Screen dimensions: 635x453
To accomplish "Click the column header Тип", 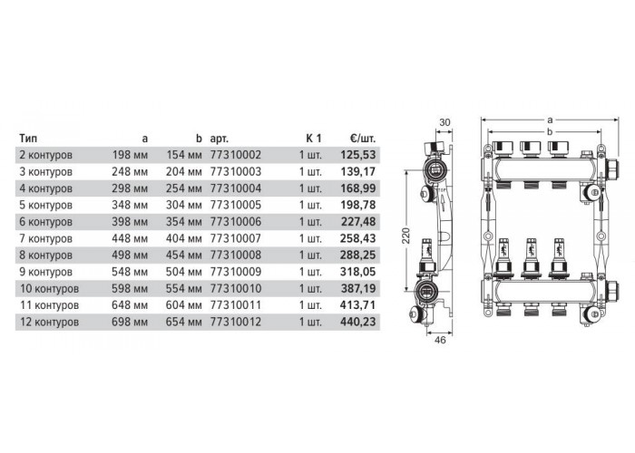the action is (28, 139).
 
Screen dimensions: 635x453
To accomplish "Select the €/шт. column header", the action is (363, 139).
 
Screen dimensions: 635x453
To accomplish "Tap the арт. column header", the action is (220, 139).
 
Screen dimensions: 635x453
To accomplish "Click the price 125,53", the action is (358, 155).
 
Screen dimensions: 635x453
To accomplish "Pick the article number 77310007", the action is (236, 238).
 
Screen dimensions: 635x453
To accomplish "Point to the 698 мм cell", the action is (130, 322).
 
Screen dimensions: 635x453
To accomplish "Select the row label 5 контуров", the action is (45, 205).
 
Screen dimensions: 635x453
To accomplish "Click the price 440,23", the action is (358, 322).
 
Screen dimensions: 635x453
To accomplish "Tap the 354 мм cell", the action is (183, 222).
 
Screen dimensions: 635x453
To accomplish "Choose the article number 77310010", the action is (236, 288).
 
